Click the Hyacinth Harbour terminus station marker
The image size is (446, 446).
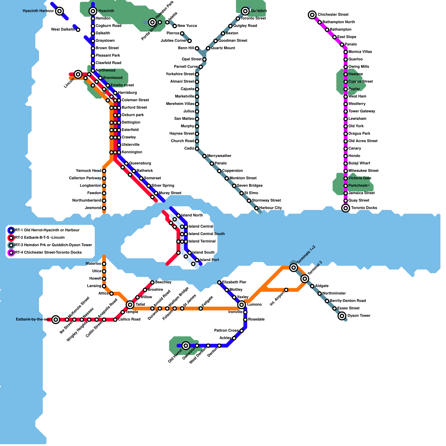59,11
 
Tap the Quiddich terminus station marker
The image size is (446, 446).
245,11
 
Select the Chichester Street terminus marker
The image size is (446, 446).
312,15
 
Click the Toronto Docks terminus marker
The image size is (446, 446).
346,208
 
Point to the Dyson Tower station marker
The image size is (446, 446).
342,316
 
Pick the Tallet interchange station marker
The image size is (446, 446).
130,305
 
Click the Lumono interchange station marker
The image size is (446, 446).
242,305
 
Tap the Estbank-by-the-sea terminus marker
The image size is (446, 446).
56,319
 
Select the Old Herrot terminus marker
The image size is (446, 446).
186,346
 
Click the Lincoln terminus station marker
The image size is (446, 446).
78,74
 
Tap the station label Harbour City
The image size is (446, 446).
270,208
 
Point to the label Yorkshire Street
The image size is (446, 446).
180,74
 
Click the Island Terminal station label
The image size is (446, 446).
202,241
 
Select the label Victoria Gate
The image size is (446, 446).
360,178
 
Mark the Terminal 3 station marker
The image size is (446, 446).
305,279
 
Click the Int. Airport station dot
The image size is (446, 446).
286,290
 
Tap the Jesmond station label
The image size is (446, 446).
93,208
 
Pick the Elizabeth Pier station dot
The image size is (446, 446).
219,282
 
